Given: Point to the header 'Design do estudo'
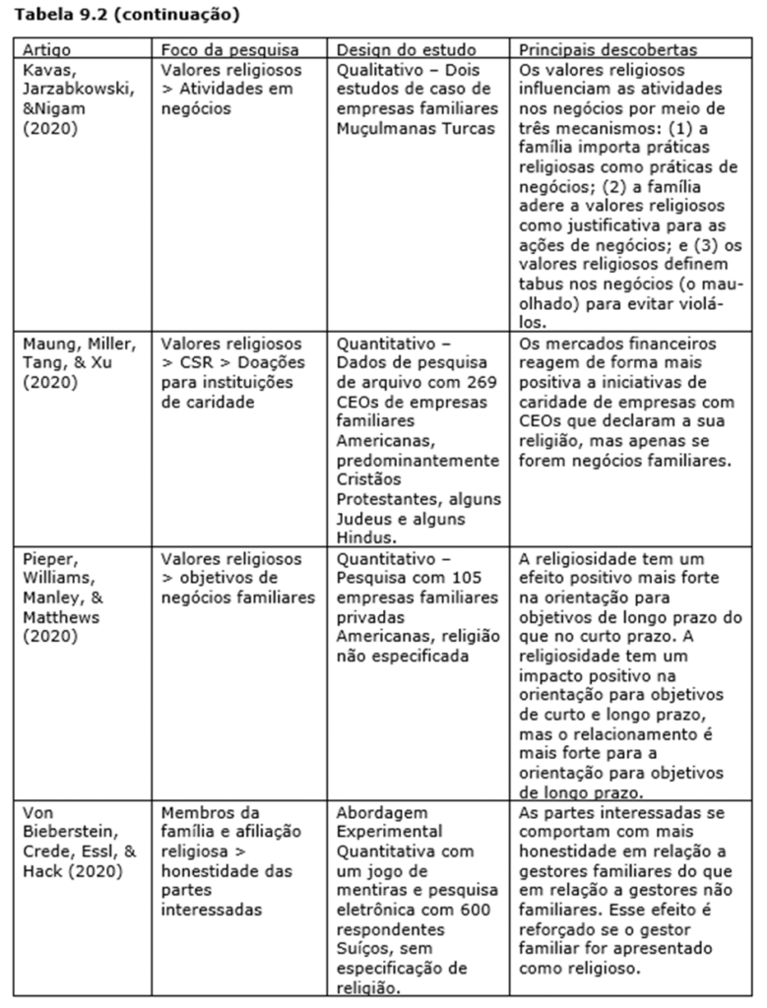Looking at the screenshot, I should click(x=407, y=49).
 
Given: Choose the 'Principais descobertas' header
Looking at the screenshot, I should click(x=607, y=49).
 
